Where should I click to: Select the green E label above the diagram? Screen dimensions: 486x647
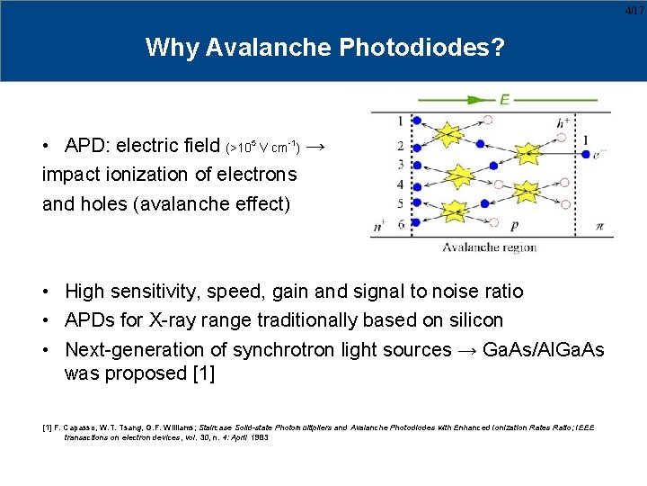505,99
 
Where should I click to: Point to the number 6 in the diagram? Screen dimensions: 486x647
400,223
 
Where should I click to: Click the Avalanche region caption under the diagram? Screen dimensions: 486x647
489,247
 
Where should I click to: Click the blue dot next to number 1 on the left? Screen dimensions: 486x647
416,120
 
